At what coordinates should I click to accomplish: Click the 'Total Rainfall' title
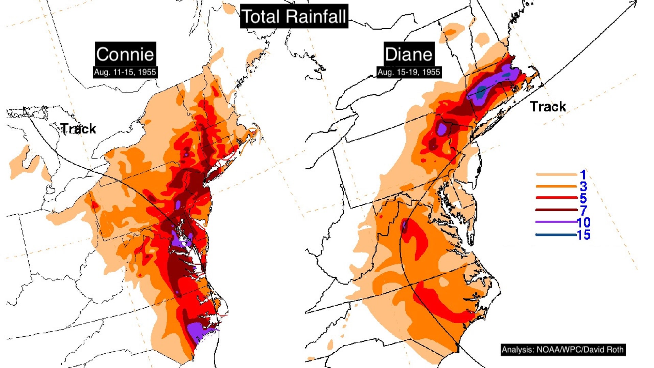[x=294, y=16]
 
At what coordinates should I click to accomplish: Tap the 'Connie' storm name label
[x=125, y=54]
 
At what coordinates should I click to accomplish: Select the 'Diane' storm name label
[x=409, y=54]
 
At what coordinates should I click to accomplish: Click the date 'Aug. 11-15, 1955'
[x=125, y=72]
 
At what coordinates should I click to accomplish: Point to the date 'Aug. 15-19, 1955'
[x=409, y=72]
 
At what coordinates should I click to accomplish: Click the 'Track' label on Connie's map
[x=79, y=129]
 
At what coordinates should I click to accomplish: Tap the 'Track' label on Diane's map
[x=548, y=107]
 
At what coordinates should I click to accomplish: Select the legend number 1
[x=583, y=175]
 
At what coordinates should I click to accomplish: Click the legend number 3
[x=583, y=186]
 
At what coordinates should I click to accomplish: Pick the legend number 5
[x=583, y=198]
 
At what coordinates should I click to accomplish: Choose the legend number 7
[x=583, y=210]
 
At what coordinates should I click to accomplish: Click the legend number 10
[x=583, y=223]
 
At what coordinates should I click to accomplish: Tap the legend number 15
[x=583, y=235]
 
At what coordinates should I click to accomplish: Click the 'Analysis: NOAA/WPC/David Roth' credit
[x=563, y=350]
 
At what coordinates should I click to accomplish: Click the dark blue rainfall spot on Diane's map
[x=482, y=90]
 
